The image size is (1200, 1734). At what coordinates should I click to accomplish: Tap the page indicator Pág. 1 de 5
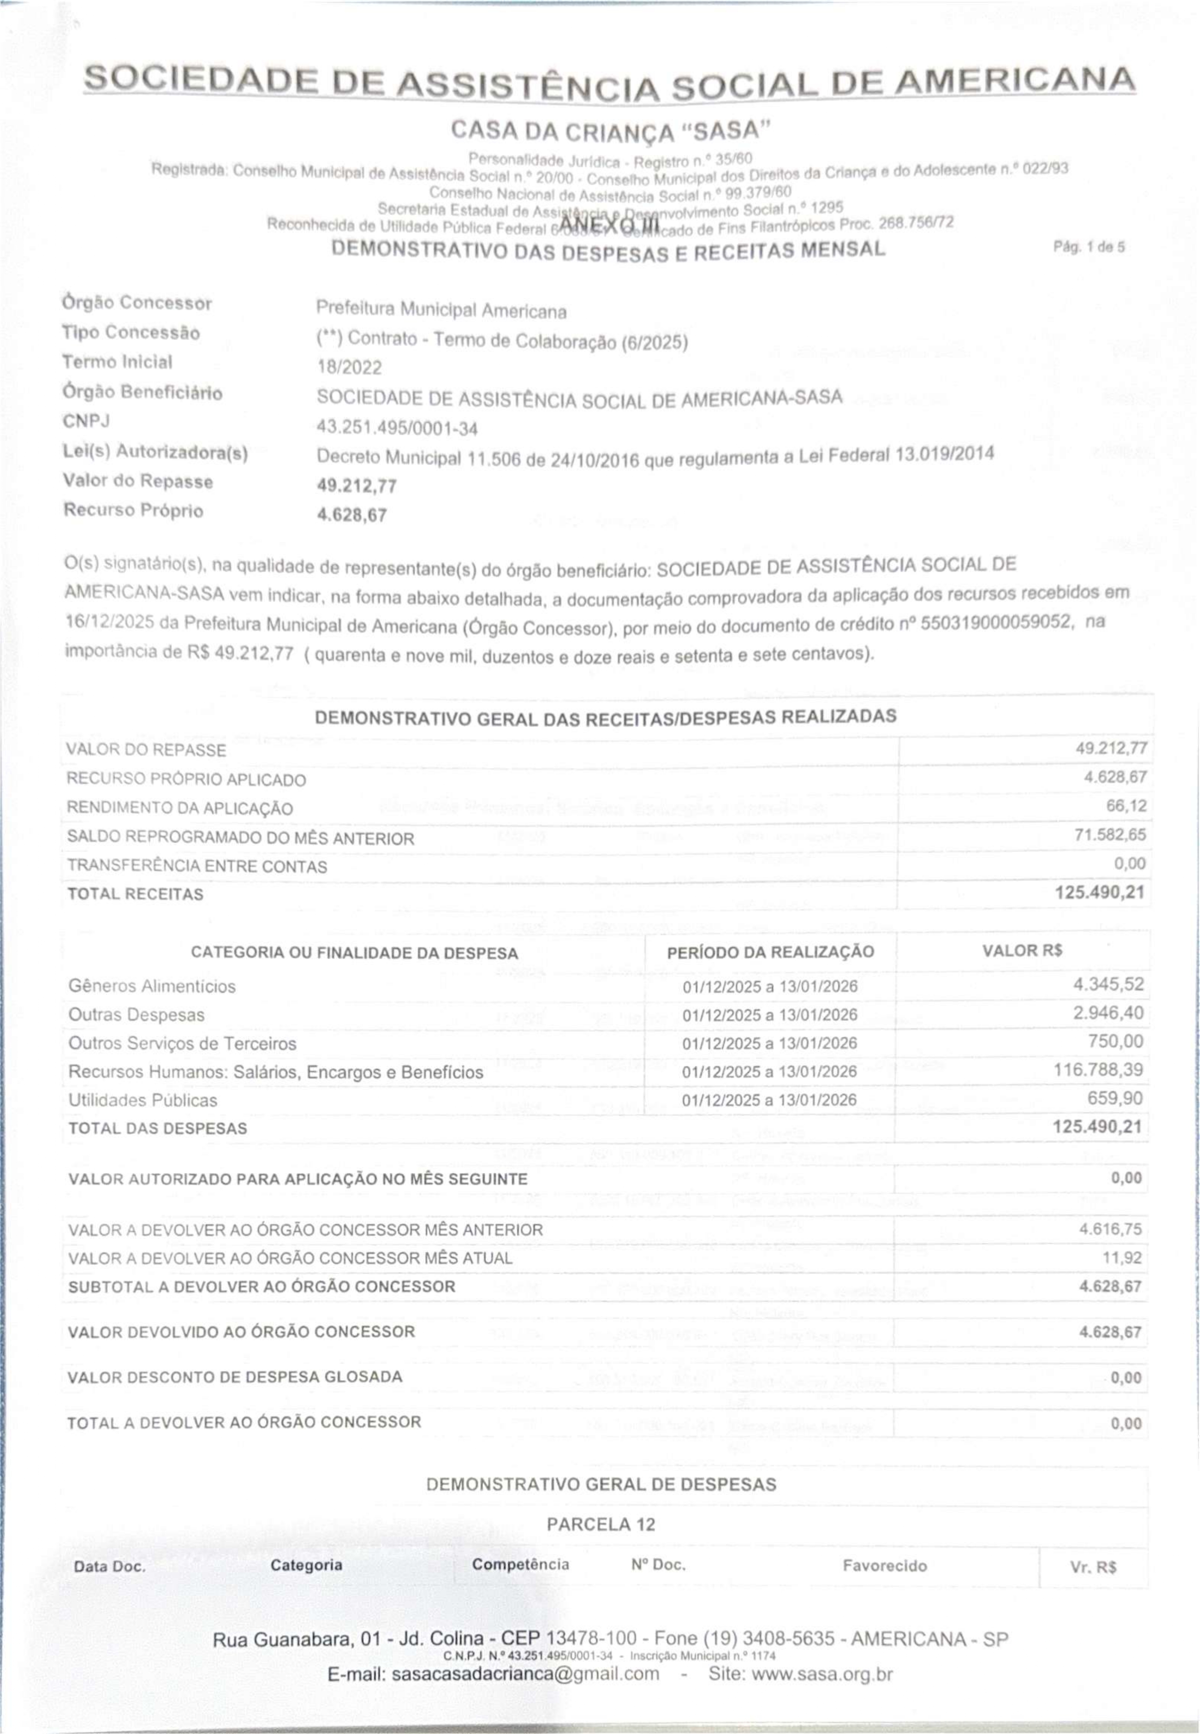[1089, 247]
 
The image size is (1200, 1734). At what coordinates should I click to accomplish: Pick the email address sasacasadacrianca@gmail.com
[526, 1674]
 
